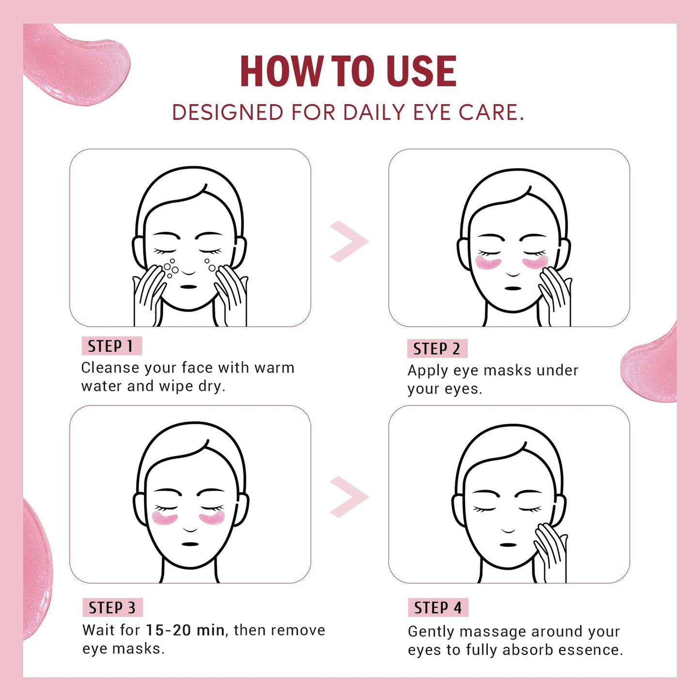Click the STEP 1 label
(111, 346)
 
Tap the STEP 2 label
(436, 349)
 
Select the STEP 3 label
(112, 608)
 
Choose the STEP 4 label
(437, 608)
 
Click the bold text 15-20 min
(185, 630)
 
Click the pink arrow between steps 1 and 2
(349, 241)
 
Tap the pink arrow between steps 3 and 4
(349, 497)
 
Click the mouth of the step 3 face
(190, 544)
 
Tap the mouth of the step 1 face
(188, 287)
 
